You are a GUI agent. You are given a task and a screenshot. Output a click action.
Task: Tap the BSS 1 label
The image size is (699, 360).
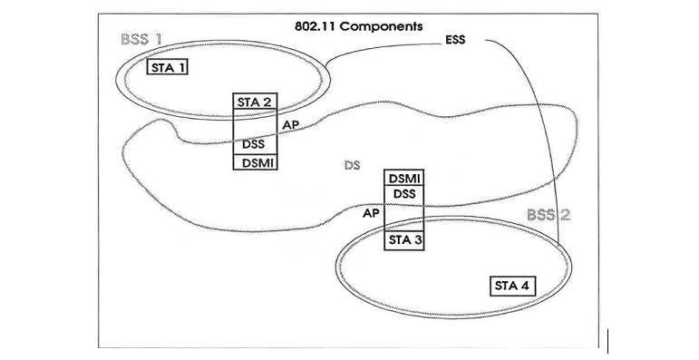click(x=141, y=41)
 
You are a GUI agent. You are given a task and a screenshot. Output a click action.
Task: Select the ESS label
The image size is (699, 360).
click(x=454, y=41)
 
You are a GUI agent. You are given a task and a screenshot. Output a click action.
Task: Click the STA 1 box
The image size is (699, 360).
click(x=168, y=68)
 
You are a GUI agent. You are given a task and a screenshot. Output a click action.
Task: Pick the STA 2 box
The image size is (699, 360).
click(x=255, y=101)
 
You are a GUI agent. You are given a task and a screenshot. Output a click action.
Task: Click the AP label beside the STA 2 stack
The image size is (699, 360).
click(x=291, y=124)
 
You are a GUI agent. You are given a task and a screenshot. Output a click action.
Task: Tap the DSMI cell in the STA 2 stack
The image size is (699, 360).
click(x=255, y=161)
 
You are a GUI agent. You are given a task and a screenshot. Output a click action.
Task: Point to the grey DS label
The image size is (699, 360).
click(x=353, y=166)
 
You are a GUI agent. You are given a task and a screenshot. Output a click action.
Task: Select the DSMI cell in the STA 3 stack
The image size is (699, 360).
click(x=404, y=179)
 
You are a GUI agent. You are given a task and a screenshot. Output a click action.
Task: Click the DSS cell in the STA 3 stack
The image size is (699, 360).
click(x=404, y=194)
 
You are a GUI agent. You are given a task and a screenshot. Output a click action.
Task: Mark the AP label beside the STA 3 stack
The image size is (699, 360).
click(x=371, y=214)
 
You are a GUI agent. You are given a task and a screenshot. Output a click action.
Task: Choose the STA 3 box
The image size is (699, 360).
click(x=404, y=240)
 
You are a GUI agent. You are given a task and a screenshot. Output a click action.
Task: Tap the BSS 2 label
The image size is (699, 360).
click(x=549, y=215)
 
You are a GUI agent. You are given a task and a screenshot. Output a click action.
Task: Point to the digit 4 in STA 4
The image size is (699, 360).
click(x=527, y=287)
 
